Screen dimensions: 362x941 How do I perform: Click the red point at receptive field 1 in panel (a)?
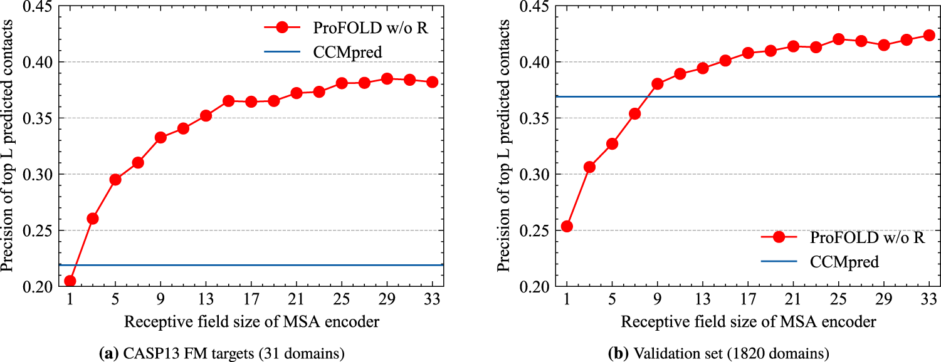click(70, 281)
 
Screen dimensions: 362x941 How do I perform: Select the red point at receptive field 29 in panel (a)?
click(387, 79)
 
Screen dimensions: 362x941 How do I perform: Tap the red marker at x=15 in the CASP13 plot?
click(228, 101)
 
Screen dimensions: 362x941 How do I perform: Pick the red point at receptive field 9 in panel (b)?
click(657, 84)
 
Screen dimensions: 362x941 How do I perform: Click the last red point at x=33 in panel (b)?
click(929, 35)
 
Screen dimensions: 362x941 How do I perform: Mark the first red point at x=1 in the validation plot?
click(567, 226)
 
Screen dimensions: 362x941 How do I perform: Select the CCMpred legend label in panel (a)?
click(347, 53)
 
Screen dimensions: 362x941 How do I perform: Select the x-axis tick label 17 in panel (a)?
click(251, 299)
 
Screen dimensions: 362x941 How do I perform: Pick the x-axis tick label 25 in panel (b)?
click(838, 299)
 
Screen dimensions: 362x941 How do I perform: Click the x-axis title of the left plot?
click(251, 322)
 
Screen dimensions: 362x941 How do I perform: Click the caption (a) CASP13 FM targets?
click(222, 354)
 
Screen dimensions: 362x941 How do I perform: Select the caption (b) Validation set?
click(718, 354)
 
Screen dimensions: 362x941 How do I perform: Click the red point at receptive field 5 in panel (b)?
click(612, 143)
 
